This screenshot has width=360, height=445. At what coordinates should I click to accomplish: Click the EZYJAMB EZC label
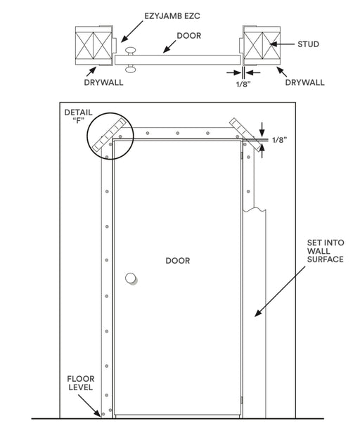point(172,16)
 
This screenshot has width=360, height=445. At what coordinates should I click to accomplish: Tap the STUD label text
point(308,44)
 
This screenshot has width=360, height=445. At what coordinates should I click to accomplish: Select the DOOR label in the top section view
point(189,36)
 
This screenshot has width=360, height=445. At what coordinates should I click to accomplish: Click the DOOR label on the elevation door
point(178,261)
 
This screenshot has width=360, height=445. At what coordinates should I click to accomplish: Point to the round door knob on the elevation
point(131,278)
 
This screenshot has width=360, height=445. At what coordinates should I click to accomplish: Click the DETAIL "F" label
point(78,116)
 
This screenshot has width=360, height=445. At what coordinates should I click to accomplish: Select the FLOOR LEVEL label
point(81,383)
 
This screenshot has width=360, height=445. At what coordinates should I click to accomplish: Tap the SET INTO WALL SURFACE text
point(326,251)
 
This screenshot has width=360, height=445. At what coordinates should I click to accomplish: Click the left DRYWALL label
point(103,82)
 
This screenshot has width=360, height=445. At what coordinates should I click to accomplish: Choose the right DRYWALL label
point(304,82)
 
